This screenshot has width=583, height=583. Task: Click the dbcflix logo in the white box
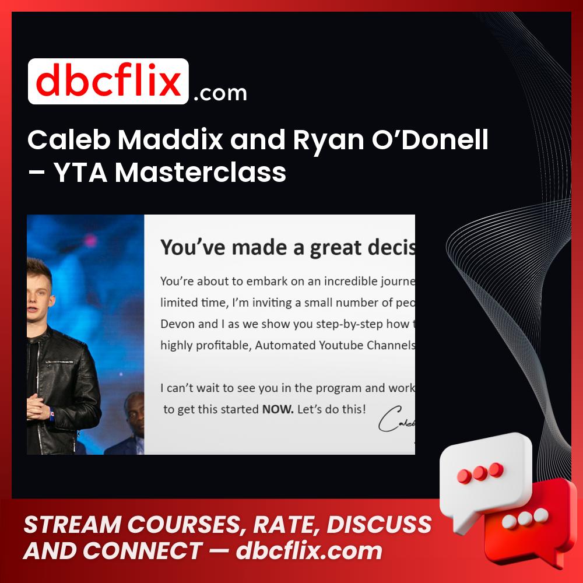[x=108, y=82]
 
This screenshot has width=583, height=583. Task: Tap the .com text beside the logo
[x=220, y=93]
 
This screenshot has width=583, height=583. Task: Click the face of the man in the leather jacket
[x=40, y=291]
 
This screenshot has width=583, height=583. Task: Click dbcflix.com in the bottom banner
[x=309, y=551]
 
